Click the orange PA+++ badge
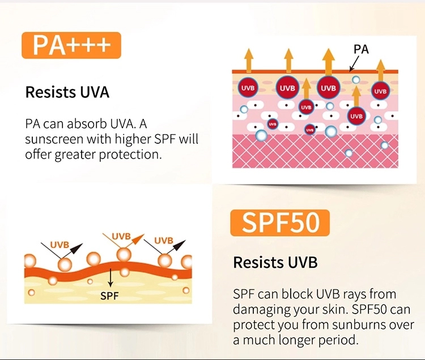pyautogui.click(x=71, y=46)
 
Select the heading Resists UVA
pyautogui.click(x=67, y=92)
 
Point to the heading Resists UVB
pyautogui.click(x=275, y=263)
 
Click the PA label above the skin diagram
pyautogui.click(x=361, y=49)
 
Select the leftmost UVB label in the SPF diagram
pyautogui.click(x=59, y=245)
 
